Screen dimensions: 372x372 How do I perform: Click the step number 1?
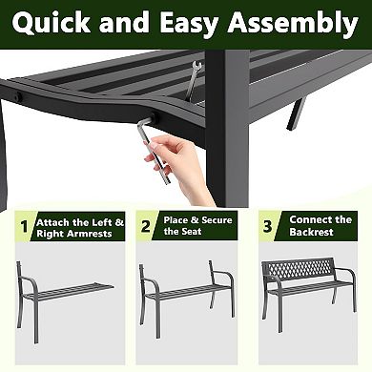click(x=22, y=228)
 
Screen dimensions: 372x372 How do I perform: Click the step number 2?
click(x=145, y=228)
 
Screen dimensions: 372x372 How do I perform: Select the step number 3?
click(x=267, y=228)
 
